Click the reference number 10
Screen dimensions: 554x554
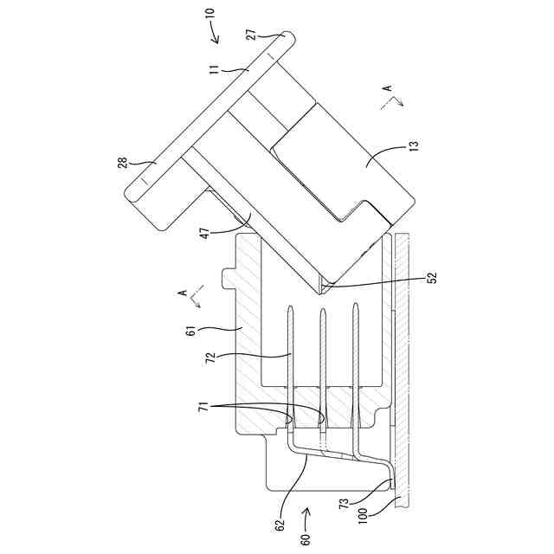point(212,15)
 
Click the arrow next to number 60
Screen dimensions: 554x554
point(306,519)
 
